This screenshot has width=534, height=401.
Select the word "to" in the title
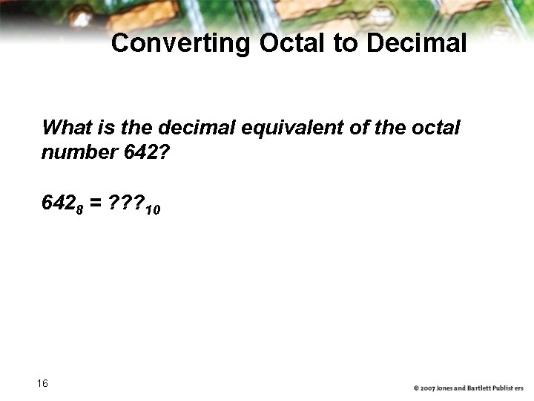click(345, 44)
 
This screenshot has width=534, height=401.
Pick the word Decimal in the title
click(415, 44)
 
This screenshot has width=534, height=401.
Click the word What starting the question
click(67, 128)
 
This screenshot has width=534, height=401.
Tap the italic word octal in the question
click(435, 128)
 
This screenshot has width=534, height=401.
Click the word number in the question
click(75, 153)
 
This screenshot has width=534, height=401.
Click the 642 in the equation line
click(58, 203)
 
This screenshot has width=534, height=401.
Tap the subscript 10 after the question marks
click(153, 210)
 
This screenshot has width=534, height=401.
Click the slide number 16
click(42, 383)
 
